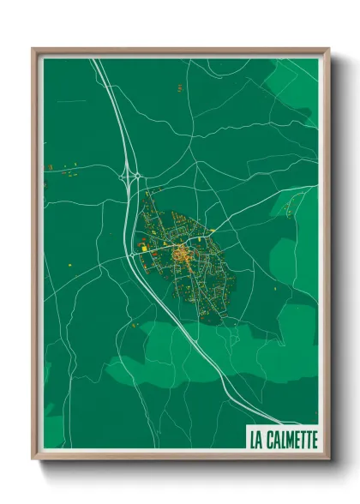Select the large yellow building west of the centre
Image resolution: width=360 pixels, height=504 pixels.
[x=144, y=248]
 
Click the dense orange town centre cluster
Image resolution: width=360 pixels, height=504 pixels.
[x=181, y=254]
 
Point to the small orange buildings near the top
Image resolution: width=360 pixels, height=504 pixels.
[x=178, y=87]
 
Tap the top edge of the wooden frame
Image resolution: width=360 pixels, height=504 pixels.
[x=180, y=51]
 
